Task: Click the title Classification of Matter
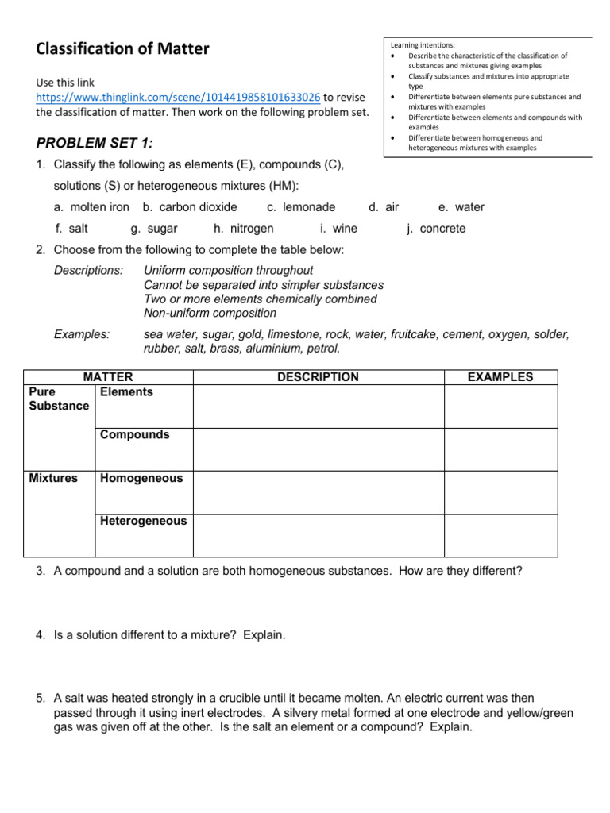pyautogui.click(x=122, y=49)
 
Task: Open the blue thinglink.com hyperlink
pyautogui.click(x=178, y=97)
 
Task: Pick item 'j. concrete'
pyautogui.click(x=436, y=229)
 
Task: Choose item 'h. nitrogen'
pyautogui.click(x=244, y=229)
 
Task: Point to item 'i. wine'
pyautogui.click(x=338, y=229)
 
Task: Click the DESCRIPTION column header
pyautogui.click(x=318, y=377)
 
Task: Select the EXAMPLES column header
pyautogui.click(x=500, y=377)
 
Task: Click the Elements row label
pyautogui.click(x=126, y=392)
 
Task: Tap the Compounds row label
pyautogui.click(x=134, y=435)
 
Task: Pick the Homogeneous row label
pyautogui.click(x=141, y=478)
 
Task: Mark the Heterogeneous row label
pyautogui.click(x=143, y=521)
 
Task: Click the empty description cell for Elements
pyautogui.click(x=318, y=406)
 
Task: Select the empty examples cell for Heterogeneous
pyautogui.click(x=500, y=535)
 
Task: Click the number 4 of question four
pyautogui.click(x=40, y=635)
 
